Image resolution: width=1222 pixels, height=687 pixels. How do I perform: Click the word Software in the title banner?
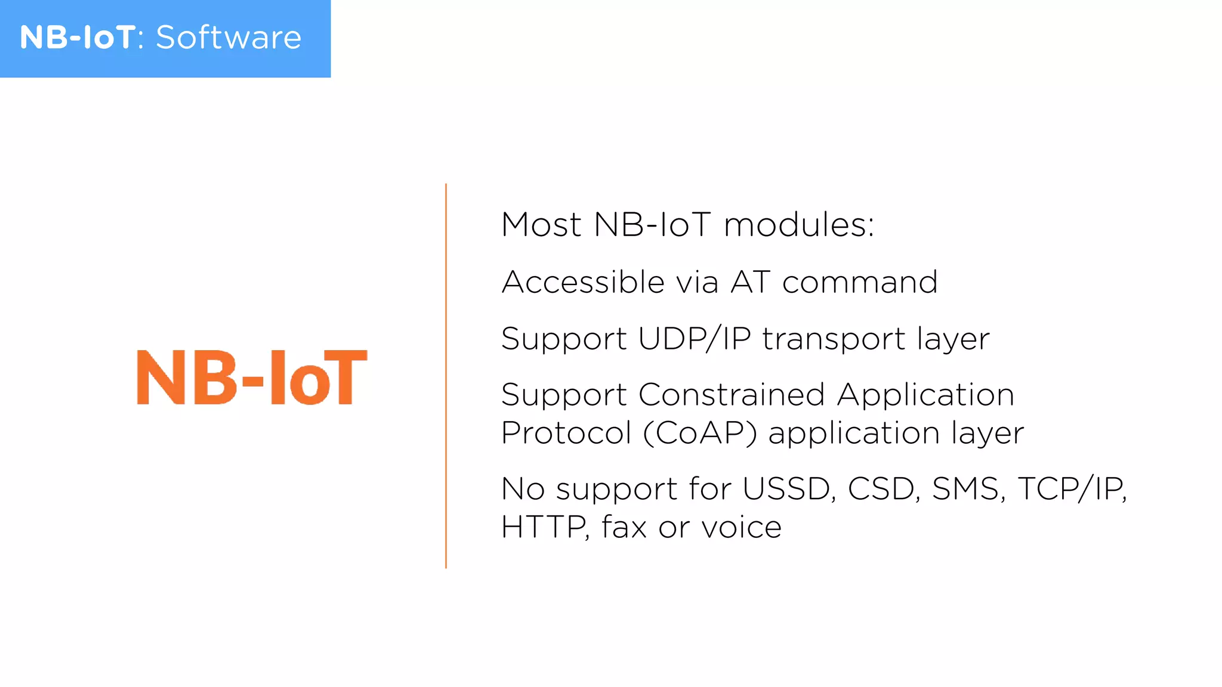229,38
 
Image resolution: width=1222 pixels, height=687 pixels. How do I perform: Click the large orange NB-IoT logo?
252,377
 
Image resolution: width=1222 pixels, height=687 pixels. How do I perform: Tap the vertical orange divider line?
446,376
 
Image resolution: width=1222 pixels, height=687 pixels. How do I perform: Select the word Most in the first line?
541,225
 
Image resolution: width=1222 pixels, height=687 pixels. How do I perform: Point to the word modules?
799,225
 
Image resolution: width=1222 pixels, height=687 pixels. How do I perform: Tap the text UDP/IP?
695,338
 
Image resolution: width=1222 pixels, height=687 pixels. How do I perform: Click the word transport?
834,339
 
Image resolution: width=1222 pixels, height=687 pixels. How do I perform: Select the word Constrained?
732,395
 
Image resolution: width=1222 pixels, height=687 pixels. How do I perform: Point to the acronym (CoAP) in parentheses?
700,433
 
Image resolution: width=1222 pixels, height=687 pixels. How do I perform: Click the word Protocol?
566,433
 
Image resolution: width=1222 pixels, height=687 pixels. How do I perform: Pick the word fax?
624,527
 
